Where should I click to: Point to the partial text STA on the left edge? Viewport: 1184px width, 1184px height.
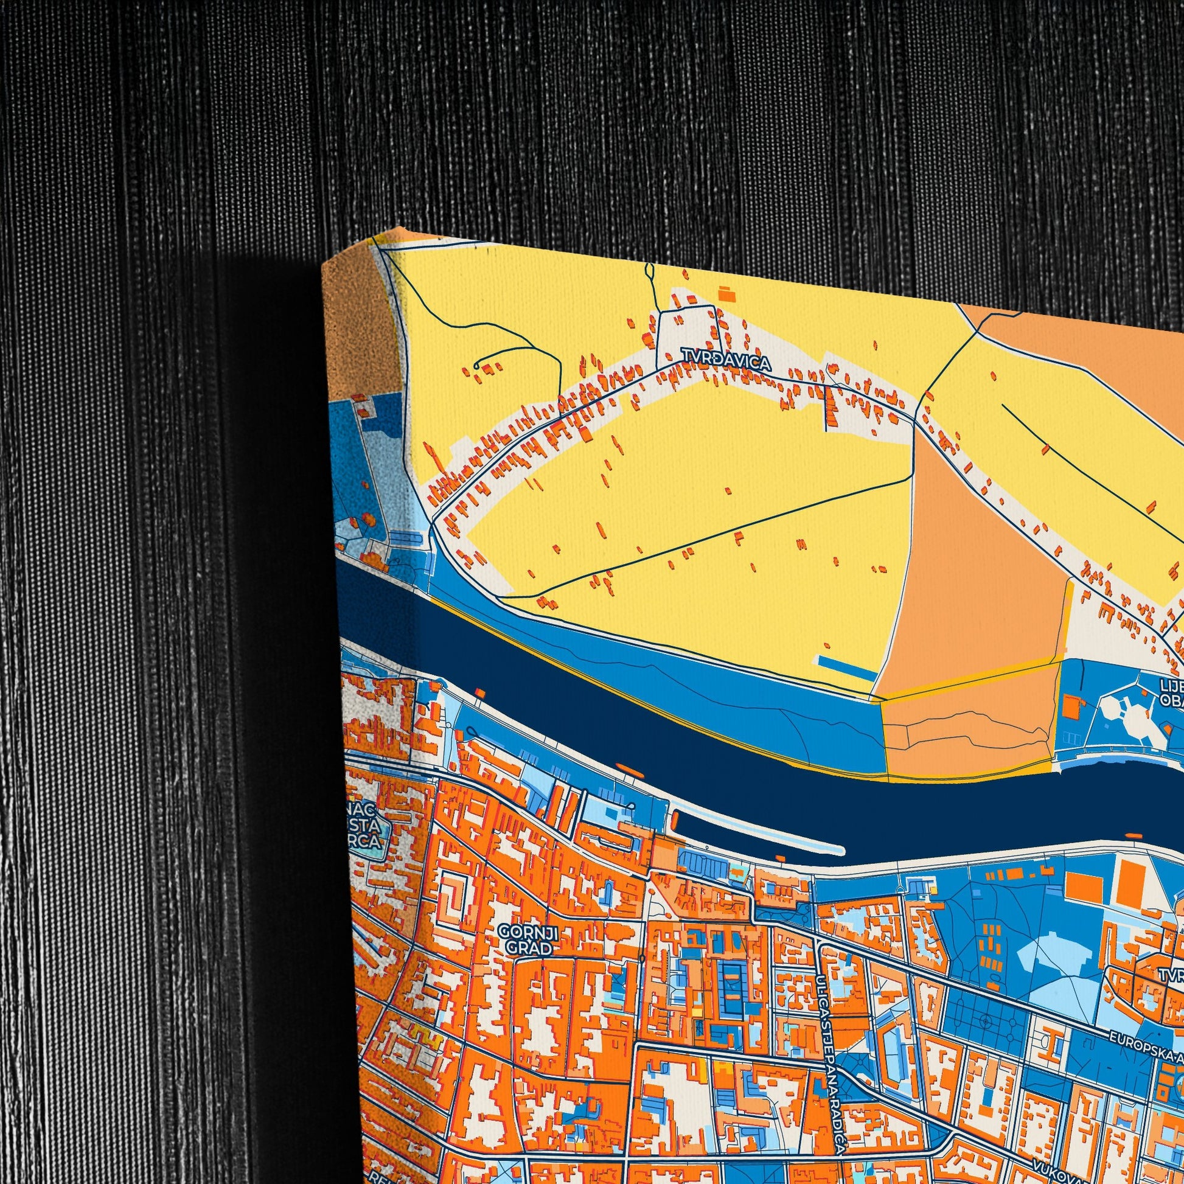pos(371,827)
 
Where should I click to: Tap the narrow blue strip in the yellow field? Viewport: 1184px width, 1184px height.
pos(846,664)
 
